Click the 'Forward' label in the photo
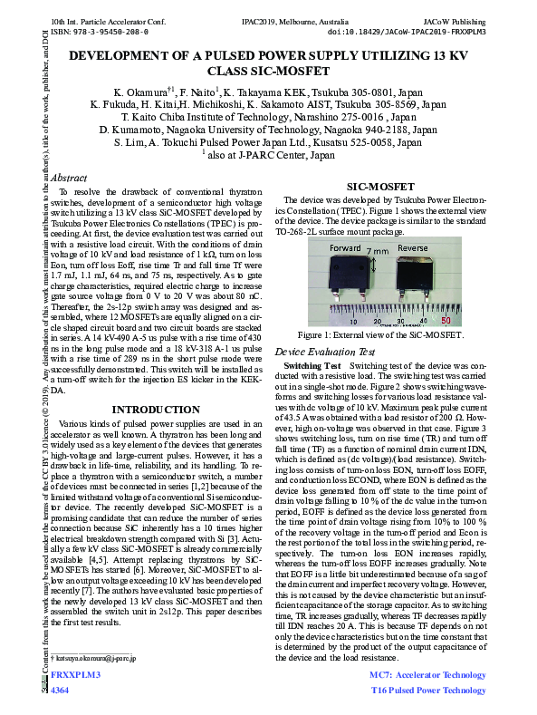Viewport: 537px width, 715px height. (345, 247)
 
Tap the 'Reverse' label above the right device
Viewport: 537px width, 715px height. (413, 247)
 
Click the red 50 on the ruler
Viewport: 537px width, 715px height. (445, 320)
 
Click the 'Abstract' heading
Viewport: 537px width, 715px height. (69, 179)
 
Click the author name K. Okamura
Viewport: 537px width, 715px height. (141, 93)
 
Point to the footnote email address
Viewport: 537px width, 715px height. (95, 659)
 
